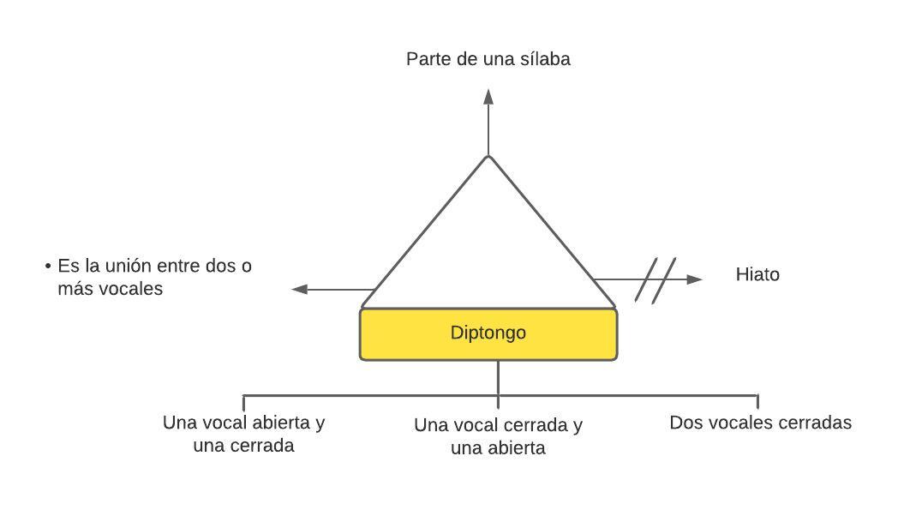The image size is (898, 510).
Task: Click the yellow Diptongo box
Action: pyautogui.click(x=488, y=333)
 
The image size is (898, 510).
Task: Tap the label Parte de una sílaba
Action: pyautogui.click(x=488, y=59)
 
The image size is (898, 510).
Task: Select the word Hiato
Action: pyautogui.click(x=757, y=275)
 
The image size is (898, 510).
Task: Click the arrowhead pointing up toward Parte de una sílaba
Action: pyautogui.click(x=488, y=96)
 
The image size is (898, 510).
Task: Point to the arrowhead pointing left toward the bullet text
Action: pyautogui.click(x=299, y=290)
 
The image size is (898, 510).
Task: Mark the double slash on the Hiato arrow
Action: pyautogui.click(x=656, y=279)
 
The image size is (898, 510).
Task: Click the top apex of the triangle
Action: pyautogui.click(x=488, y=157)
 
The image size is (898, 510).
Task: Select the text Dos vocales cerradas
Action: pyautogui.click(x=760, y=423)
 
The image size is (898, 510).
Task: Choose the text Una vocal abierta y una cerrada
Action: pyautogui.click(x=243, y=434)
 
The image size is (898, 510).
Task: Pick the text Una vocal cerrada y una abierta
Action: pyautogui.click(x=498, y=436)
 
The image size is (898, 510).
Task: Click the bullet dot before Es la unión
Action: pyautogui.click(x=48, y=267)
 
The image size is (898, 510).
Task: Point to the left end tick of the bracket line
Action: pyautogui.click(x=244, y=401)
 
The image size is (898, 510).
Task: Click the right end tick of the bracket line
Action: pyautogui.click(x=757, y=401)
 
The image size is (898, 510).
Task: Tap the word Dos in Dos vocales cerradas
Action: pyautogui.click(x=685, y=423)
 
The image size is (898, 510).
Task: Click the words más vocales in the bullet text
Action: pyautogui.click(x=110, y=289)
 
